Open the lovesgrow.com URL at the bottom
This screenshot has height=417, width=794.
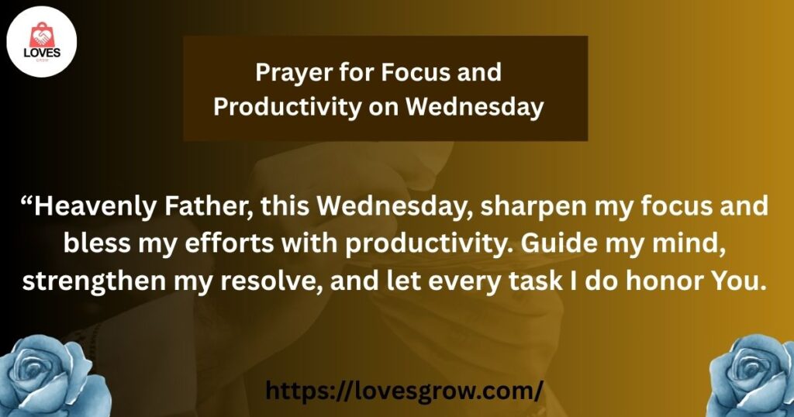(x=404, y=391)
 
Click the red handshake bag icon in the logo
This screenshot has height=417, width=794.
(x=42, y=35)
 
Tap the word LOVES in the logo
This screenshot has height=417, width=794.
(x=42, y=53)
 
